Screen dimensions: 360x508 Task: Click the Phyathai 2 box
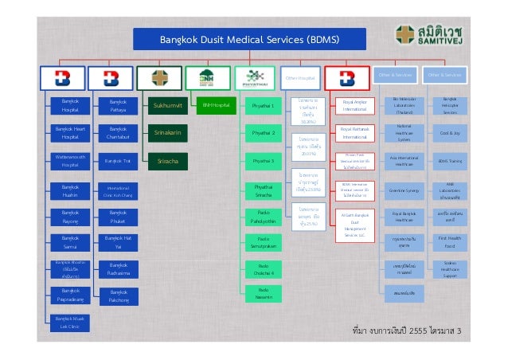tap(263, 132)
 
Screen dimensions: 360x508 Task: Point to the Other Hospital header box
tap(300, 77)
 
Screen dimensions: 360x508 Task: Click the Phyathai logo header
tap(255, 77)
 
